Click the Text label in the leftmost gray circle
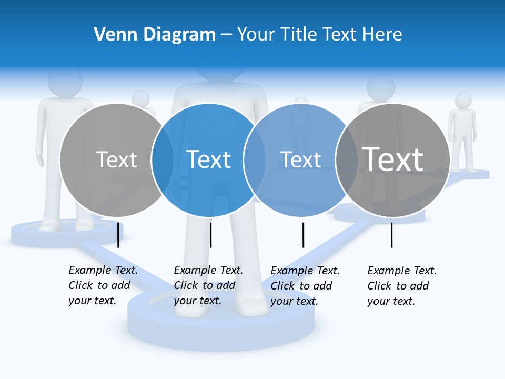pos(116,159)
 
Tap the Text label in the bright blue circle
pos(208,159)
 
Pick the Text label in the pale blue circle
pos(300,159)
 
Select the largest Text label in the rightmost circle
pos(392,159)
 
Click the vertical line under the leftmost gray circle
pos(118,235)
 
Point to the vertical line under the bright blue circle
pos(210,235)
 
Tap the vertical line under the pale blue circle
pos(303,235)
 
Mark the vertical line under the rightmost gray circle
pos(391,235)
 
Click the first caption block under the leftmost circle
pos(103,285)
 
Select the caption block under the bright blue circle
pos(208,285)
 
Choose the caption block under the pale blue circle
pos(305,286)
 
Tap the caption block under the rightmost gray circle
pos(401,286)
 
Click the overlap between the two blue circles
pos(254,160)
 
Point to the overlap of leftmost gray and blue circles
pos(162,160)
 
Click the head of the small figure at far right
pos(463,101)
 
